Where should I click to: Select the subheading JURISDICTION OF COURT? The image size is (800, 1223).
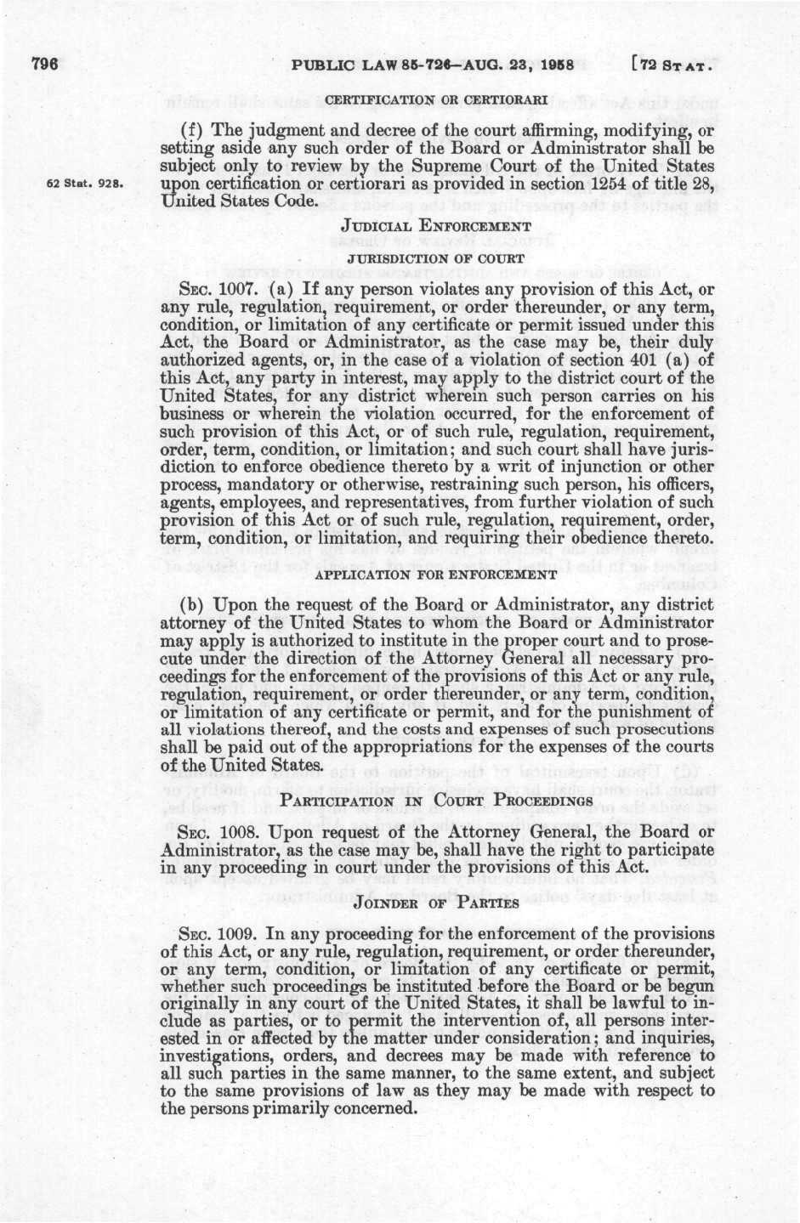[x=436, y=254]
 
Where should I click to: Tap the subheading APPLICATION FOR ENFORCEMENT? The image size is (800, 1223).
[x=435, y=575]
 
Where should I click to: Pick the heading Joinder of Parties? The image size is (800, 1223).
[x=435, y=896]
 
